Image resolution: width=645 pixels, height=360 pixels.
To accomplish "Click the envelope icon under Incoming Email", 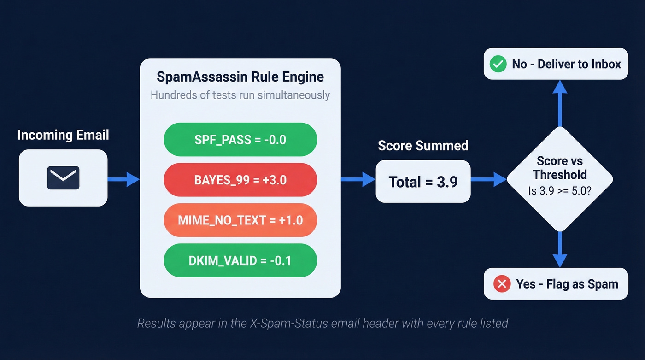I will pyautogui.click(x=63, y=178).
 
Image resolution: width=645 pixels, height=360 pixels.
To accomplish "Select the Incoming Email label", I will pyautogui.click(x=63, y=135).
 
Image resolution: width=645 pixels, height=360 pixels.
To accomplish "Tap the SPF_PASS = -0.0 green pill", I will pyautogui.click(x=240, y=140).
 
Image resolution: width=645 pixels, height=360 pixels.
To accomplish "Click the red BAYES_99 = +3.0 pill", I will pyautogui.click(x=240, y=180).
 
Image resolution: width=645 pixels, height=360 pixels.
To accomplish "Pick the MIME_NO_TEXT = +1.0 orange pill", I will pyautogui.click(x=240, y=220).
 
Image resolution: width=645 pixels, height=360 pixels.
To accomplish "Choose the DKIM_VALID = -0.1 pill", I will pyautogui.click(x=240, y=260).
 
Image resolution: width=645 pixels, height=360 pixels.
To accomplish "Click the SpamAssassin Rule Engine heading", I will pyautogui.click(x=240, y=77).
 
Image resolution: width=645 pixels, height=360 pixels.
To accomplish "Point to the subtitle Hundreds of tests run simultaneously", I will pyautogui.click(x=240, y=95).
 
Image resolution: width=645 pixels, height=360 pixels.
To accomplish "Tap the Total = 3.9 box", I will pyautogui.click(x=423, y=182).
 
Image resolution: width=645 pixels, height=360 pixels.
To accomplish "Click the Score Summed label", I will pyautogui.click(x=423, y=146).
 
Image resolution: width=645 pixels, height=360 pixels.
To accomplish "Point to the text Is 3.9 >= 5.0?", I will pyautogui.click(x=560, y=190).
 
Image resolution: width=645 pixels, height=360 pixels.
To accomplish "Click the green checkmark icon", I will pyautogui.click(x=498, y=64).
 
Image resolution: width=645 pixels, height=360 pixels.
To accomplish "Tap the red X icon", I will pyautogui.click(x=502, y=284).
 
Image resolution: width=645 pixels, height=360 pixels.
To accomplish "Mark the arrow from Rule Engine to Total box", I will pyautogui.click(x=358, y=179).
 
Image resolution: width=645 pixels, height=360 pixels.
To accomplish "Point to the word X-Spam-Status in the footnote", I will pyautogui.click(x=286, y=323).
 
